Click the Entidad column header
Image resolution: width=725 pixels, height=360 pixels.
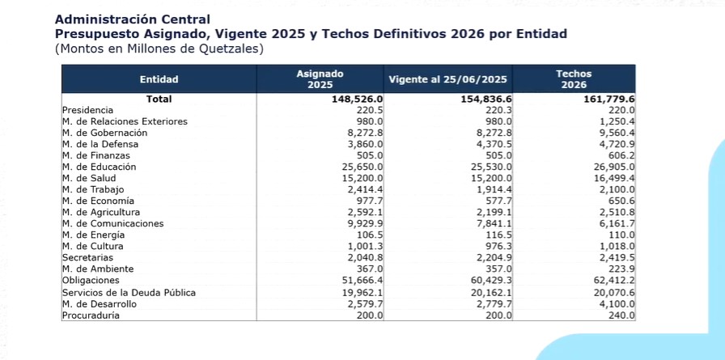tap(159, 79)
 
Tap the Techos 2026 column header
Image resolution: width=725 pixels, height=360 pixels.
tap(574, 79)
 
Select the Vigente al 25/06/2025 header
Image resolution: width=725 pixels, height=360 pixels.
tap(447, 79)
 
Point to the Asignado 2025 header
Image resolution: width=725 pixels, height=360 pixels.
tap(320, 79)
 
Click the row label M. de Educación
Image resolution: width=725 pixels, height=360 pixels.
tap(100, 167)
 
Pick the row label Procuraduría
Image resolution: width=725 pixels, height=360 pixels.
tap(91, 316)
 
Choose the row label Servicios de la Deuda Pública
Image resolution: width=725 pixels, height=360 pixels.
tap(129, 293)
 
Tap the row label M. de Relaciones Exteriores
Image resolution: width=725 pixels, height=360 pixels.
tap(125, 121)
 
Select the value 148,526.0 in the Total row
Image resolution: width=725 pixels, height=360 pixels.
tap(358, 100)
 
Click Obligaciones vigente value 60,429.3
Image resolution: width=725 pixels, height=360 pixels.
tap(490, 281)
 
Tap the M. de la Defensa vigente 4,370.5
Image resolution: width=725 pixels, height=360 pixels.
tap(493, 144)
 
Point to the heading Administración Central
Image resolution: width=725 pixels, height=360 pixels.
tap(133, 19)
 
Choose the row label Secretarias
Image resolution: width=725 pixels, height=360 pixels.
tap(88, 258)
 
